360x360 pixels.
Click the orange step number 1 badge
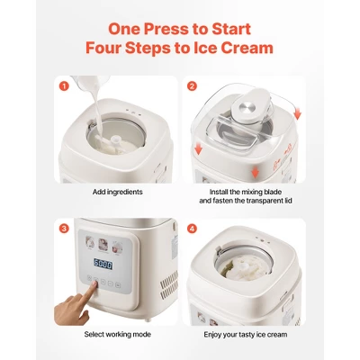(x=64, y=86)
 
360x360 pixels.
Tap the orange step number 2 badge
(x=192, y=86)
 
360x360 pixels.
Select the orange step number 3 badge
(x=64, y=229)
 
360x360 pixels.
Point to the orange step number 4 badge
(x=192, y=229)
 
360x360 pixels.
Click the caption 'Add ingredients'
(x=118, y=192)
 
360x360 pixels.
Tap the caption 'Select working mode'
(x=118, y=334)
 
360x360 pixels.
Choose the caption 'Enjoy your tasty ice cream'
(x=246, y=335)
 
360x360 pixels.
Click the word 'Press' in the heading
(x=167, y=29)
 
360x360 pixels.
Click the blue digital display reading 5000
(x=103, y=264)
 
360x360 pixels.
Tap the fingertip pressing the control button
(x=94, y=284)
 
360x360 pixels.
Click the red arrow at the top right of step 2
(x=297, y=114)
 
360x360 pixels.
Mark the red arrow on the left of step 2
(x=198, y=149)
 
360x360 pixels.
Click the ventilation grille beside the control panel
(x=168, y=285)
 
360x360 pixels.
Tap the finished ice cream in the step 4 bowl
(x=243, y=269)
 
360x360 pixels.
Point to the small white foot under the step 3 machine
(x=148, y=319)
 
